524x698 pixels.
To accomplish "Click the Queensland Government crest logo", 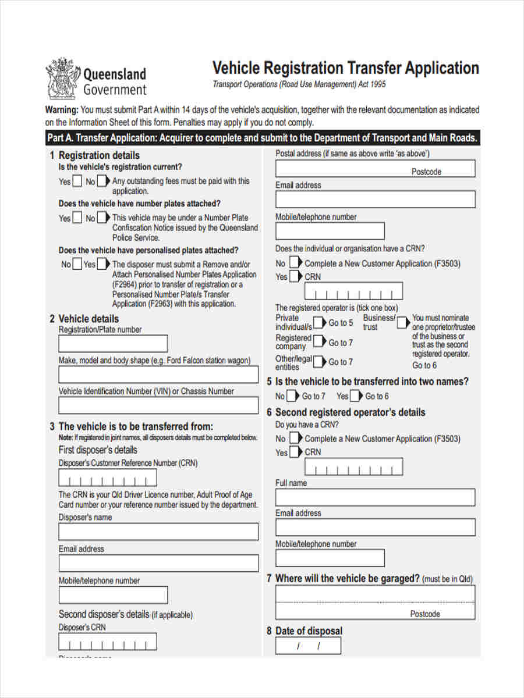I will click(x=61, y=78).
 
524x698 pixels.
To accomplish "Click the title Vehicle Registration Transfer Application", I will click(x=345, y=68).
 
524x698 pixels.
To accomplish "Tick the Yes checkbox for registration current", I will click(x=77, y=181).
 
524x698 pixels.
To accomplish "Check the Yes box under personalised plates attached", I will click(x=102, y=265).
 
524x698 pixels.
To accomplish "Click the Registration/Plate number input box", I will click(x=113, y=344).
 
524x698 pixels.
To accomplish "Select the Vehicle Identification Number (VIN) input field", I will click(x=158, y=405).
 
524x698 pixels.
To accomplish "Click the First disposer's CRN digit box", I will click(x=108, y=478).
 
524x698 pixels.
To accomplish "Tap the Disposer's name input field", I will click(x=158, y=532).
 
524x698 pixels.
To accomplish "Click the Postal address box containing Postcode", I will click(x=375, y=168).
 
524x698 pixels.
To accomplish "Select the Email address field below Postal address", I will click(x=375, y=200).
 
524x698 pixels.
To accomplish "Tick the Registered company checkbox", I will click(x=319, y=342).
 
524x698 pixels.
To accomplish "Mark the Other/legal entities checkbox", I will click(x=319, y=362).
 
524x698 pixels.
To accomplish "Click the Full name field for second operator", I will click(x=375, y=497).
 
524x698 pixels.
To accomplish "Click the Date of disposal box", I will click(x=308, y=646).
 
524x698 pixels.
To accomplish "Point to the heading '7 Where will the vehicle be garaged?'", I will click(x=347, y=579).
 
